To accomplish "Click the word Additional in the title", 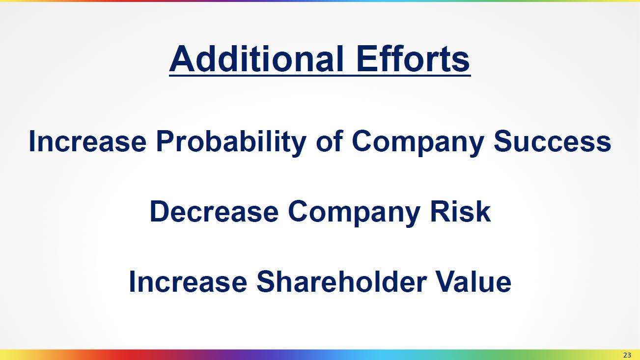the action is click(256, 58).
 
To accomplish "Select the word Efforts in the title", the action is click(413, 58).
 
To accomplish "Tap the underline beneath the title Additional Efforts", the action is click(320, 76).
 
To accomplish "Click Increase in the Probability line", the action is click(87, 141).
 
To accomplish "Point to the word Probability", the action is click(231, 142).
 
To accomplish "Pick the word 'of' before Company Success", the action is click(329, 141).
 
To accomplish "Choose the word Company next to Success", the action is click(418, 142).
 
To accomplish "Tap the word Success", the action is click(553, 141).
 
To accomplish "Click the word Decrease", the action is click(214, 212).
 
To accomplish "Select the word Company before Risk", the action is click(354, 213).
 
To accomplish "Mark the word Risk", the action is click(461, 212).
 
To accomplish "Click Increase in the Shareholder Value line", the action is click(188, 282).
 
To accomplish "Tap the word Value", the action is click(473, 282).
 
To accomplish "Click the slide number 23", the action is click(627, 355).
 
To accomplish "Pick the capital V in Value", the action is click(446, 282).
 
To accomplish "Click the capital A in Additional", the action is click(182, 58).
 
